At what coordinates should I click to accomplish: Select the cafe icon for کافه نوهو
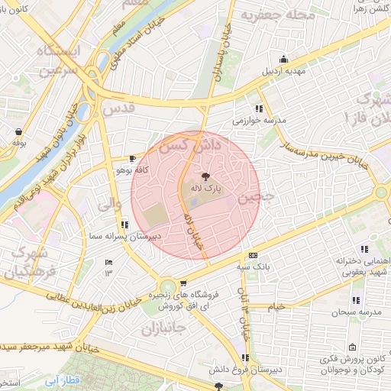133,159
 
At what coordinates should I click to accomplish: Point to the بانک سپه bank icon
254,256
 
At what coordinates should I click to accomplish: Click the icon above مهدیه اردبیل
284,60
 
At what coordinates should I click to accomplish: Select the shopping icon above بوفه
18,131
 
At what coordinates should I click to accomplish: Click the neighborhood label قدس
121,109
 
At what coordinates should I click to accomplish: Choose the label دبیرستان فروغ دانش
244,370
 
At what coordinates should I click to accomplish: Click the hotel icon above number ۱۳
108,262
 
